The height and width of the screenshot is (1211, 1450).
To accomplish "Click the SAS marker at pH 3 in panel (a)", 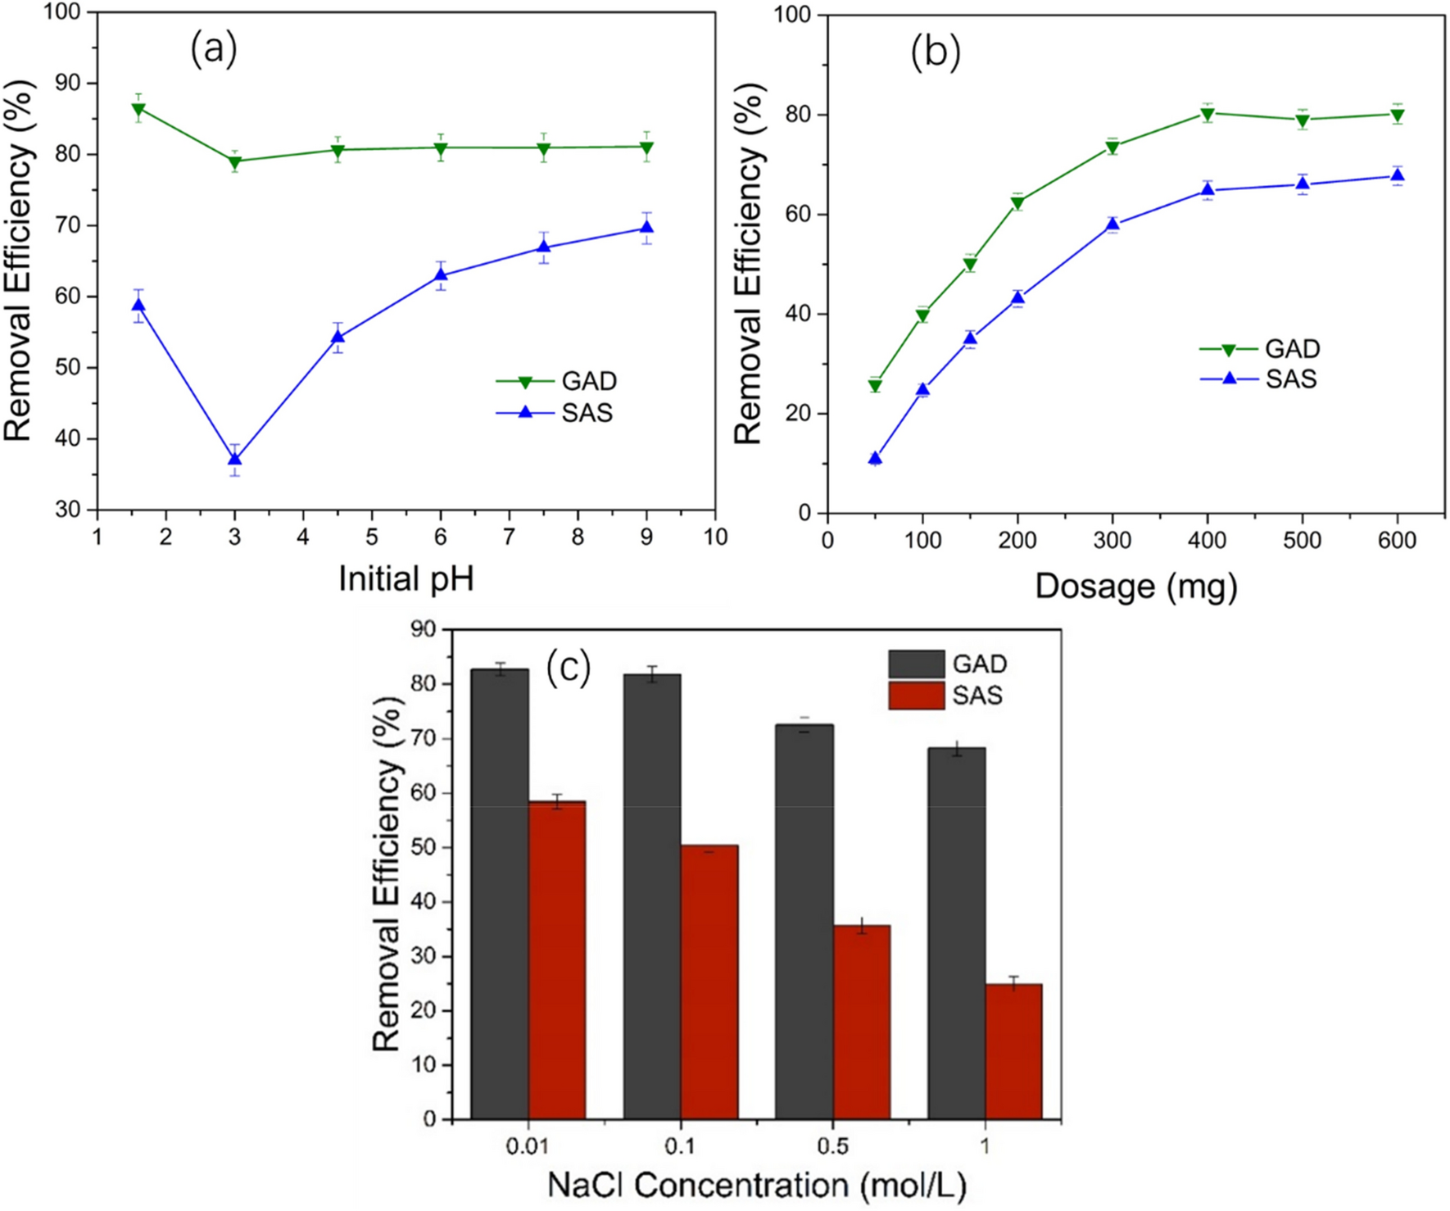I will click(x=235, y=460).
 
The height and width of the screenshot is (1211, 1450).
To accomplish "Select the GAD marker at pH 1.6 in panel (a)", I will click(x=138, y=109).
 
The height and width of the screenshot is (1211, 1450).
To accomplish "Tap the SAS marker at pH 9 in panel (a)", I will click(x=646, y=228).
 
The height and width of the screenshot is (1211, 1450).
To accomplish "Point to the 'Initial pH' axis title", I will click(x=406, y=579).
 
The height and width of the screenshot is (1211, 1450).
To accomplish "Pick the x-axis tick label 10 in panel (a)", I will click(x=715, y=537).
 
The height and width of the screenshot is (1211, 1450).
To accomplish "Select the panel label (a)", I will click(x=214, y=49).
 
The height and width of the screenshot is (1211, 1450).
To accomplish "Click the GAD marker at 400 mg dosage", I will click(x=1208, y=114).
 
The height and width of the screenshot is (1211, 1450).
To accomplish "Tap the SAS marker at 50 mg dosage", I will click(x=875, y=459).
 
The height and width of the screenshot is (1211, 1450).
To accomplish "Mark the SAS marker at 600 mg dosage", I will click(x=1398, y=176).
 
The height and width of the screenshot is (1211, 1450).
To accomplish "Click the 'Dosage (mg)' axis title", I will click(x=1135, y=587).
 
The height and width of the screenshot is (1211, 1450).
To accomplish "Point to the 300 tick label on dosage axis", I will click(x=1112, y=541).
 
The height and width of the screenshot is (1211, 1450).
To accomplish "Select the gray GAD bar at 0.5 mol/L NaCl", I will click(x=804, y=922).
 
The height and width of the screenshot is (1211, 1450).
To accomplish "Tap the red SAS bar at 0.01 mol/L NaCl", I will click(x=557, y=960).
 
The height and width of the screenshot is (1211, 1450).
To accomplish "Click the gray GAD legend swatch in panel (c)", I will click(x=916, y=664).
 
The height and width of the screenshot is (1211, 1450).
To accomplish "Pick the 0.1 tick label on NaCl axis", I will click(x=680, y=1145).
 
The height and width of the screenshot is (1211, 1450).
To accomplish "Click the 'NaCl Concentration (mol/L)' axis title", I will click(x=757, y=1186).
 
